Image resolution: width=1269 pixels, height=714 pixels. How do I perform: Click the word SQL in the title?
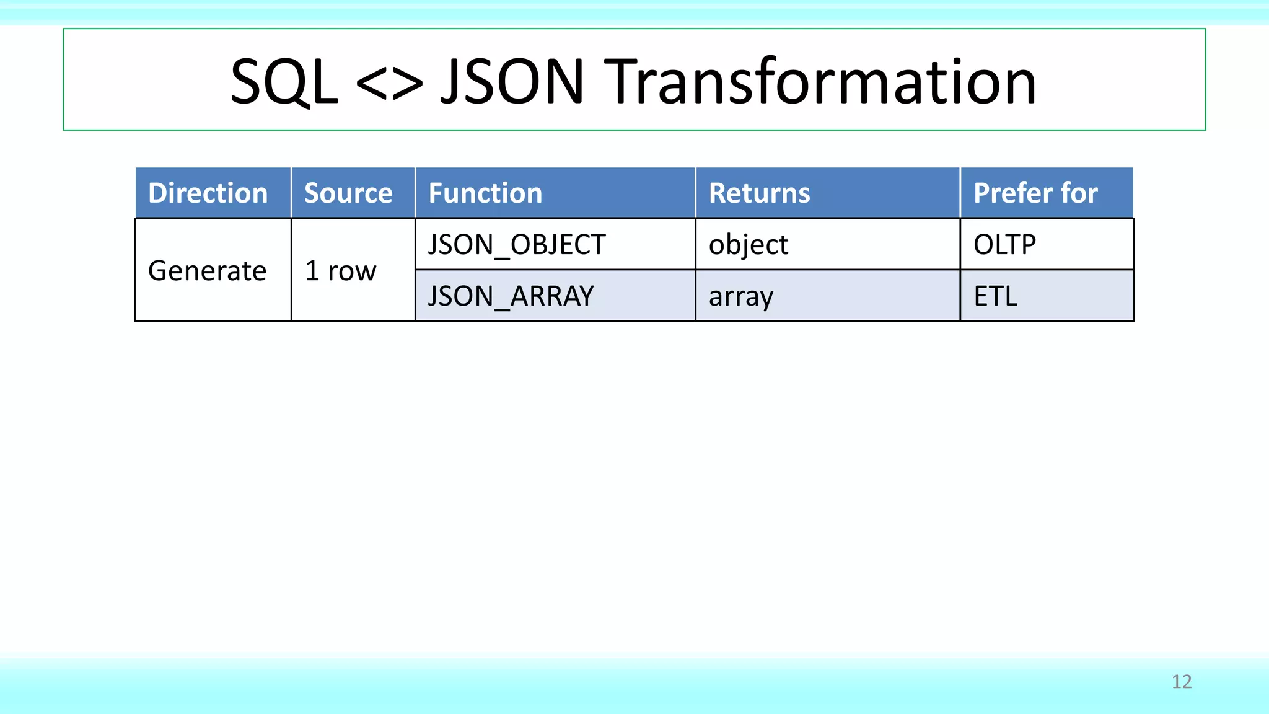pyautogui.click(x=284, y=82)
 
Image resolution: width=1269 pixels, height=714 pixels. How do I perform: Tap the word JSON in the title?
pyautogui.click(x=512, y=82)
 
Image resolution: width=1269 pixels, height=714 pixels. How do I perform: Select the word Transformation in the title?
pyautogui.click(x=820, y=82)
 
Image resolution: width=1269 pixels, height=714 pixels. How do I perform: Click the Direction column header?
pyautogui.click(x=208, y=193)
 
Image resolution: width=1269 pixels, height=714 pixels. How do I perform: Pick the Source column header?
pyautogui.click(x=348, y=193)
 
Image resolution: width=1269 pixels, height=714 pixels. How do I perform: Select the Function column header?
pyautogui.click(x=485, y=193)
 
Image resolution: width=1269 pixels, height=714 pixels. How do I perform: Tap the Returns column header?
pyautogui.click(x=759, y=193)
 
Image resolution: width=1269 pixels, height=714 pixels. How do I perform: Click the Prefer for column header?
pyautogui.click(x=1035, y=193)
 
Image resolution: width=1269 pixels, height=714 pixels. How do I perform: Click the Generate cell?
pyautogui.click(x=207, y=271)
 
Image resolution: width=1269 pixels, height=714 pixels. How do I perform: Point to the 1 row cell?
pyautogui.click(x=340, y=271)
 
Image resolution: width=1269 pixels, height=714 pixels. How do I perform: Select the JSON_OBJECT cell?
pyautogui.click(x=516, y=245)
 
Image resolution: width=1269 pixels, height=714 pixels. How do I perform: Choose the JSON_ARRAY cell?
pyautogui.click(x=511, y=296)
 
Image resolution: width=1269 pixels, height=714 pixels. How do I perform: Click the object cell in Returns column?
pyautogui.click(x=748, y=245)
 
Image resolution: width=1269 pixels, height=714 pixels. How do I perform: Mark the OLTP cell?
pyautogui.click(x=1004, y=245)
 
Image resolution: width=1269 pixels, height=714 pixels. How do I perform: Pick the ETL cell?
pyautogui.click(x=995, y=296)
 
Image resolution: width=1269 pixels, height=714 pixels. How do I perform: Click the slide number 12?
pyautogui.click(x=1182, y=682)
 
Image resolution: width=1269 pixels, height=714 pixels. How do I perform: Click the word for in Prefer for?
pyautogui.click(x=1079, y=193)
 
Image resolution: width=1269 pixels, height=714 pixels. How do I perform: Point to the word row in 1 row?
pyautogui.click(x=352, y=271)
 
